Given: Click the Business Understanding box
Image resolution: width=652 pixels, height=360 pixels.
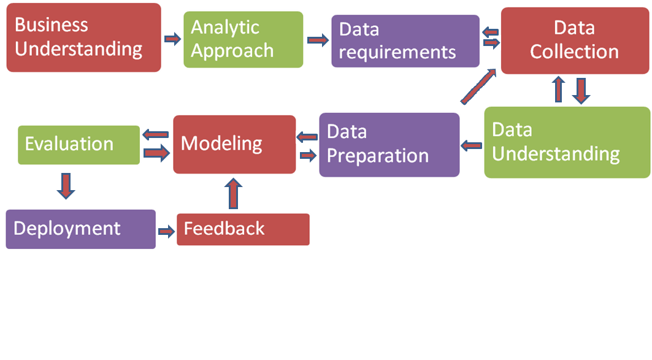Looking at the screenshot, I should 83,37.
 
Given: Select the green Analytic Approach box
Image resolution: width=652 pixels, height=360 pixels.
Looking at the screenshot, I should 243,39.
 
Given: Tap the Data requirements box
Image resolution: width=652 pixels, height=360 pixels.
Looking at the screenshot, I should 405,41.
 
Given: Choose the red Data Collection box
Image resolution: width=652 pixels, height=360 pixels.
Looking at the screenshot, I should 575,41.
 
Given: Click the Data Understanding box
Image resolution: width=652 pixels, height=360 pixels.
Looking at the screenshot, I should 567,142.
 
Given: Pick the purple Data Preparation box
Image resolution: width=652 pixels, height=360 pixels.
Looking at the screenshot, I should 389,145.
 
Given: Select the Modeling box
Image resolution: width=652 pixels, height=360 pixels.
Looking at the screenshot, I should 234,144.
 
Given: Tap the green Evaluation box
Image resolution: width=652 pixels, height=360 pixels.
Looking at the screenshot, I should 79,145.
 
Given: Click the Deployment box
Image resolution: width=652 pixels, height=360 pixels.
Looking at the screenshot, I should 80,229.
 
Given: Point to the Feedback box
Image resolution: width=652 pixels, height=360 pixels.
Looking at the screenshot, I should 243,229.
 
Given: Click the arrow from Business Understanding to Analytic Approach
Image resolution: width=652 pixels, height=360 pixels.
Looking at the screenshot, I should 173,39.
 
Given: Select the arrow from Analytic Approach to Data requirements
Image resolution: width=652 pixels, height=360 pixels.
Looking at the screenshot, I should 317,41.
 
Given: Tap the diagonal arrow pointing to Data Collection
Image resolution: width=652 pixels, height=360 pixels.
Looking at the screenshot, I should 478,86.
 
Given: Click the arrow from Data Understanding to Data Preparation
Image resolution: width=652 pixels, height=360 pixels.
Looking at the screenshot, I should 471,146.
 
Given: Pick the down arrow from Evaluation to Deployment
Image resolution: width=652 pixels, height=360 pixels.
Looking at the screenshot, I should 66,185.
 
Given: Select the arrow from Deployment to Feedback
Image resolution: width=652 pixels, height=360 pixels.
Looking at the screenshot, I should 166,231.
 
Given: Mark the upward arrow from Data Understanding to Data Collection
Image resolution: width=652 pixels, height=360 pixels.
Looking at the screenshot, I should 558,90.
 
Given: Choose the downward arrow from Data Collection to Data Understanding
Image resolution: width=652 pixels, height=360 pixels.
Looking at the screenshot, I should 581,91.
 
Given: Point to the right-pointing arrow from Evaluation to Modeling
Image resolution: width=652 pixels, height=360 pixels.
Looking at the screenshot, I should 156,153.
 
